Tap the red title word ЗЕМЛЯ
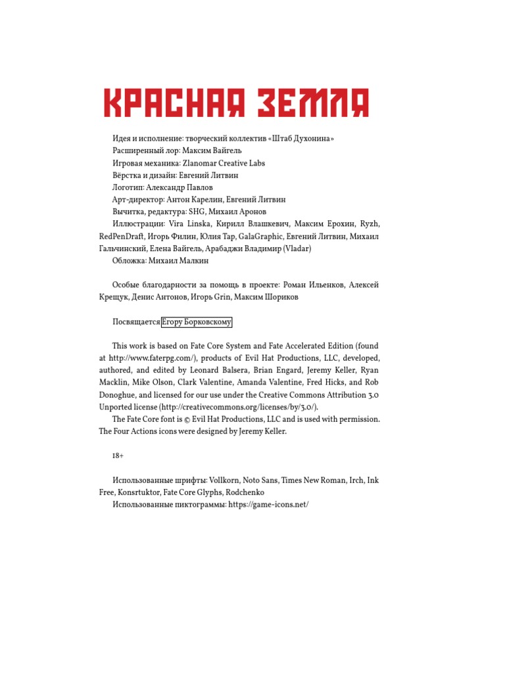click(312, 104)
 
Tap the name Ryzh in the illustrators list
click(370, 224)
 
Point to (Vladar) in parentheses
click(297, 248)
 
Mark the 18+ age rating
click(118, 455)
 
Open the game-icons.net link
click(268, 505)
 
